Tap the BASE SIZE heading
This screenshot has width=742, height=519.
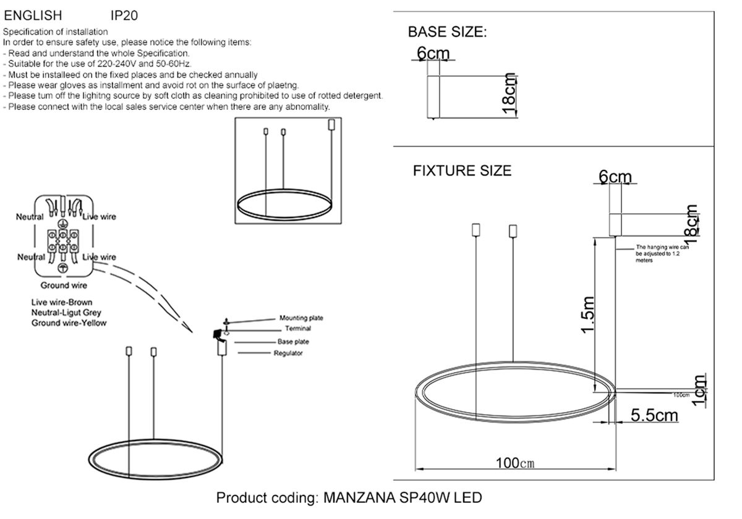pos(447,32)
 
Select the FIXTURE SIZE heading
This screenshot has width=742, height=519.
pos(462,171)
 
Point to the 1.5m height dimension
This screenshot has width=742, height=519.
pos(588,314)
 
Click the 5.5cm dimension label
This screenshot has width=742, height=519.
pos(654,415)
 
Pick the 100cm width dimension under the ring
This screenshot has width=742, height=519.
pos(514,463)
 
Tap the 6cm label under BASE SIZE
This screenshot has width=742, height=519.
pos(433,54)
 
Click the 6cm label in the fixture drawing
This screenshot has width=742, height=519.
pos(615,177)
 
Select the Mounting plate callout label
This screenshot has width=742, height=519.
pos(301,318)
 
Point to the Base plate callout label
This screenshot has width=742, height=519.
pos(293,342)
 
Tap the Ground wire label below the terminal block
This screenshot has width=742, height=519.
pos(64,285)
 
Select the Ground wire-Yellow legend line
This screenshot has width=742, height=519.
pos(69,323)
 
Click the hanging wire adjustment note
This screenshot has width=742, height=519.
pos(662,253)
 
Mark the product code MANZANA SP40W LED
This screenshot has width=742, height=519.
pos(349,497)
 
